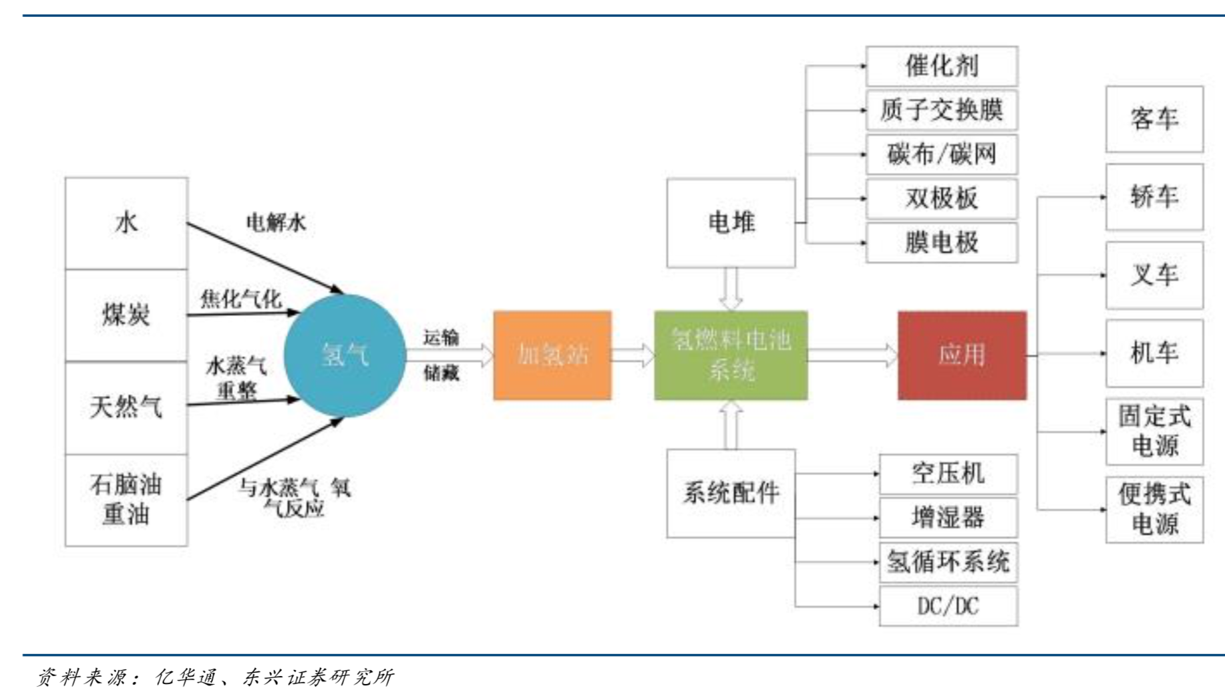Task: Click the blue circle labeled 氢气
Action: tap(344, 355)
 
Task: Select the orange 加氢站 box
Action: tap(552, 355)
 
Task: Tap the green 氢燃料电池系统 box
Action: tap(731, 355)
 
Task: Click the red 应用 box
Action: tap(962, 355)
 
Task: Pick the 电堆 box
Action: tap(731, 222)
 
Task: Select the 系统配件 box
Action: tap(731, 493)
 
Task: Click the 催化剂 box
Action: tap(942, 66)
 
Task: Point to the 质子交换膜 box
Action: tap(942, 110)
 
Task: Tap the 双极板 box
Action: tap(942, 198)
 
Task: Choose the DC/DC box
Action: tap(948, 607)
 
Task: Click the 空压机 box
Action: tap(948, 474)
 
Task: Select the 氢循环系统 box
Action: tap(948, 562)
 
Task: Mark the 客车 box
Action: tap(1154, 119)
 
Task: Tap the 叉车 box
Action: tap(1154, 275)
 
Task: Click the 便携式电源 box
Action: tap(1154, 510)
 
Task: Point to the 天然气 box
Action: tap(126, 407)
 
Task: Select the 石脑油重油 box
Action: tap(126, 500)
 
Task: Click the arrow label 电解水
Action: tap(276, 222)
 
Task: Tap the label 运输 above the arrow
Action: tap(441, 337)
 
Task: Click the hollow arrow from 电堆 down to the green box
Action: tap(731, 289)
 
